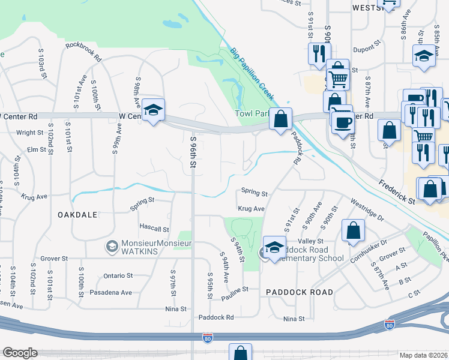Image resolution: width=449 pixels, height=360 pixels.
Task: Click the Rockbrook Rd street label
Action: point(83,44)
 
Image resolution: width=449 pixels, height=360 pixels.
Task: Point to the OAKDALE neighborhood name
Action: point(77,214)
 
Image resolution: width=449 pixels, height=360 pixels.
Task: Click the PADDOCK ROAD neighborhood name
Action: point(300,292)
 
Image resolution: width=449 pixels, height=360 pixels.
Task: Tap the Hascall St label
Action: point(155,229)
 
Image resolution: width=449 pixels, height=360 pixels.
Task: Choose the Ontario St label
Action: point(118,275)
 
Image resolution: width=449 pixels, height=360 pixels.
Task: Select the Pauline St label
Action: point(235,290)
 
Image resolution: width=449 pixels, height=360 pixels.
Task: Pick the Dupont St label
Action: point(367,50)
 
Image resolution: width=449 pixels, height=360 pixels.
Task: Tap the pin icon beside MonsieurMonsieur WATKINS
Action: point(111,247)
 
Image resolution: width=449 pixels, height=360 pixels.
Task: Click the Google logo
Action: point(20,353)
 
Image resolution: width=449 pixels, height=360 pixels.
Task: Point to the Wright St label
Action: point(30,133)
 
